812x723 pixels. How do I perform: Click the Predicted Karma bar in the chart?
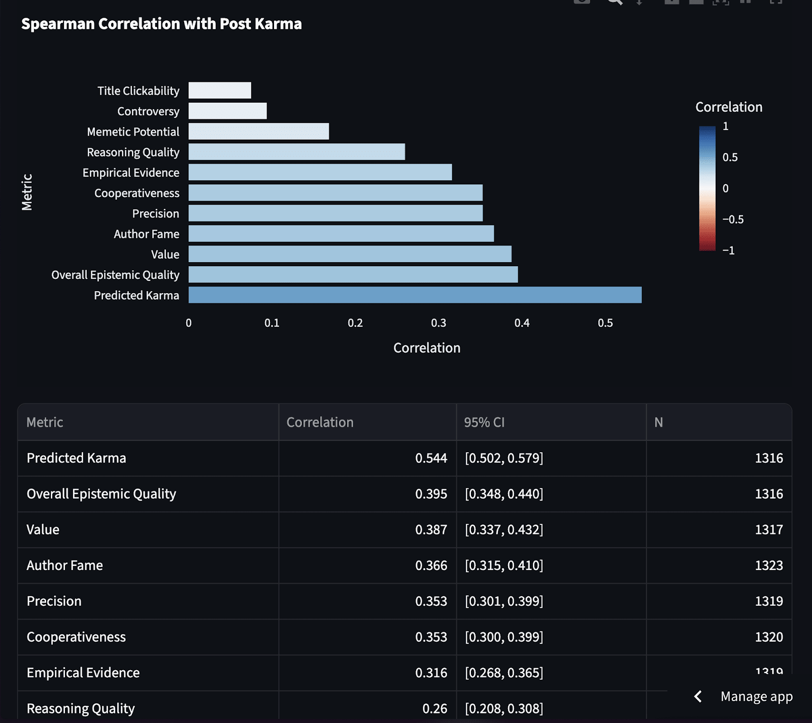coord(415,295)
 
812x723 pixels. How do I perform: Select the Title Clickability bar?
coord(220,90)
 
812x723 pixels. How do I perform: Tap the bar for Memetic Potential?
coord(259,131)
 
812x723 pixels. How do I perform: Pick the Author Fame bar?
coord(341,234)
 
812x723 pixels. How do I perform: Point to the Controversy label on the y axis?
coord(148,111)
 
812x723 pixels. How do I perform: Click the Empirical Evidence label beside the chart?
coord(131,173)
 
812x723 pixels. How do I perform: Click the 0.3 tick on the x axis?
coord(438,323)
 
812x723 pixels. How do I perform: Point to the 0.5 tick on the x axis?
coord(605,323)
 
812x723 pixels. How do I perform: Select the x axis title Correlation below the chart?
coord(427,348)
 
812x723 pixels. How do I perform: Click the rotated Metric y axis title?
coord(27,193)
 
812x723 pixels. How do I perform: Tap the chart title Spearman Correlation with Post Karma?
coord(161,24)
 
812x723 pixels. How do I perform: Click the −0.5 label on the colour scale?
coord(733,219)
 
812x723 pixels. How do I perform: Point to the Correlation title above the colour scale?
coord(729,107)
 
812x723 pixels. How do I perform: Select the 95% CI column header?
coord(484,422)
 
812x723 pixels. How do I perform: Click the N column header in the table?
coord(659,422)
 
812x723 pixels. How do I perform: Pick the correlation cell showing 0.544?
coord(431,458)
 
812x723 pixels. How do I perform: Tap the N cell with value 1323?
coord(769,565)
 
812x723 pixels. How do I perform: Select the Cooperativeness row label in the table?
coord(76,637)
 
